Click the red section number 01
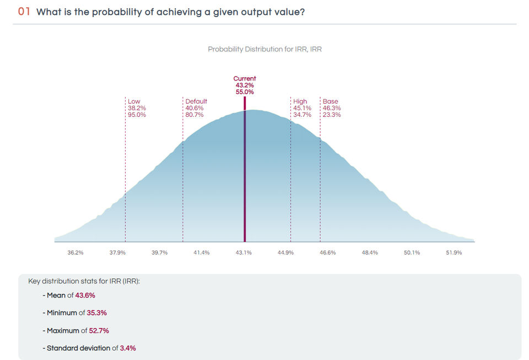[x=24, y=12]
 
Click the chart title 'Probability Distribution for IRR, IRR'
[x=264, y=49]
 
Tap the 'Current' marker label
[x=245, y=79]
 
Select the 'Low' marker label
[x=134, y=101]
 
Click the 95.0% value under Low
[x=137, y=115]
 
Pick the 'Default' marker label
[x=196, y=101]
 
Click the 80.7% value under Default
[x=195, y=115]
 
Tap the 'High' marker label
[x=300, y=101]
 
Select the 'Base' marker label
[x=331, y=101]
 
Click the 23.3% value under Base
[x=332, y=115]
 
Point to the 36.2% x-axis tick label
[x=75, y=252]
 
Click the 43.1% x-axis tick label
[x=244, y=252]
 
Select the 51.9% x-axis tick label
[x=454, y=252]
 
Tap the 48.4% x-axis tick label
[x=370, y=252]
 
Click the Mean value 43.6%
[x=85, y=295]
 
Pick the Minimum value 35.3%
[x=96, y=313]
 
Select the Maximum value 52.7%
[x=99, y=331]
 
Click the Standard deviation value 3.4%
[x=128, y=348]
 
